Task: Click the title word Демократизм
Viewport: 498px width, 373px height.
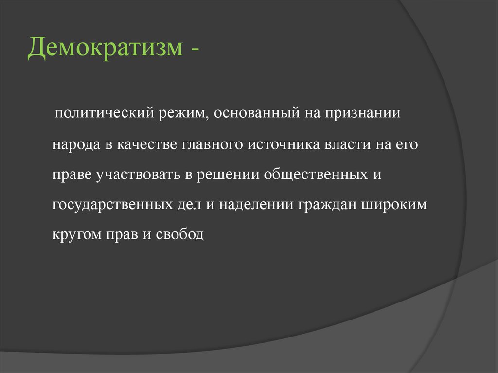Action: (x=104, y=50)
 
